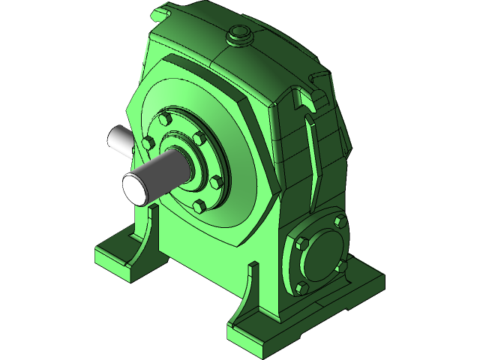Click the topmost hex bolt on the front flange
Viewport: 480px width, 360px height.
pyautogui.click(x=166, y=118)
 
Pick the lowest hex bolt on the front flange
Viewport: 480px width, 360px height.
pyautogui.click(x=199, y=205)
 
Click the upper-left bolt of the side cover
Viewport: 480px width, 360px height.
pyautogui.click(x=301, y=243)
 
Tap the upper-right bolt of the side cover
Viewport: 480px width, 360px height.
pyautogui.click(x=340, y=222)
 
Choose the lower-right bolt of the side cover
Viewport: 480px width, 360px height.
pyautogui.click(x=340, y=265)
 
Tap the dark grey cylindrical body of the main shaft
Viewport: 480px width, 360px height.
pyautogui.click(x=169, y=171)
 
